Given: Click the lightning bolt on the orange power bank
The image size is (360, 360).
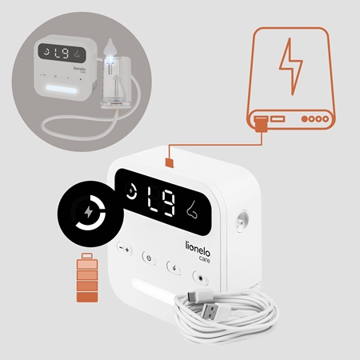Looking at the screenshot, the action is pos(291,66).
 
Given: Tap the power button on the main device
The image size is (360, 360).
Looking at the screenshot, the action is pos(149,258).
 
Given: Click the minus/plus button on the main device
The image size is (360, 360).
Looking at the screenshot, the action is pos(125,249).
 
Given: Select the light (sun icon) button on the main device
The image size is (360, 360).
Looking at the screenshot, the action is pos(201,278).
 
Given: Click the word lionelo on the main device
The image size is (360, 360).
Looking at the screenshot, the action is pos(198,249).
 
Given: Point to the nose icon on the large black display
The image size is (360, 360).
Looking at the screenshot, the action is pos(192,210).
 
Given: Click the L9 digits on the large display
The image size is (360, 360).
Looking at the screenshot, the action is pos(162,201).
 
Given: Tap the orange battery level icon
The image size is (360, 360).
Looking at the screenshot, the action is pos(87,278).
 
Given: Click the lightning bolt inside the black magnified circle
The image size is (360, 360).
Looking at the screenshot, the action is pos(89,212).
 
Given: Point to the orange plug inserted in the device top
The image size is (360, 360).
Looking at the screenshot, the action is pos(170,162).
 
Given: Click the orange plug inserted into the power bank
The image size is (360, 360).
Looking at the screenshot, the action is pos(262,124).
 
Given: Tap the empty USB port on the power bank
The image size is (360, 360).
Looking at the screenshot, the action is pos(278,118).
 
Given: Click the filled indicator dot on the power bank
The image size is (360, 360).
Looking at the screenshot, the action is pos(305,118).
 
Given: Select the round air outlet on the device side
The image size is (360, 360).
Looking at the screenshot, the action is pos(242,221).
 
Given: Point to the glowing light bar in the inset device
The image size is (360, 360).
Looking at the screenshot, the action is pos(62,89).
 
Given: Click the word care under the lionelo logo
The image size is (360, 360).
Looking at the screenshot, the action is pos(205,259).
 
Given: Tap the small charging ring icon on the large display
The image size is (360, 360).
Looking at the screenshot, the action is pos(131,190).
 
